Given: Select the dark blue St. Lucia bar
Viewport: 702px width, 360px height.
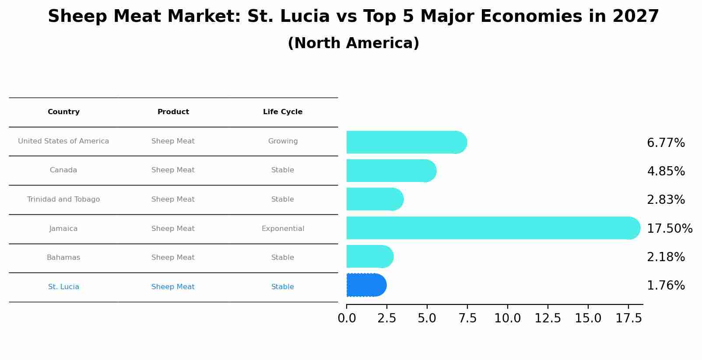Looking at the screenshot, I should [x=366, y=285].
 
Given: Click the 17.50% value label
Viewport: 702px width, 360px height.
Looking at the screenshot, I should [x=669, y=228].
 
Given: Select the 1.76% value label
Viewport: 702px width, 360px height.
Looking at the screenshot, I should [x=666, y=286].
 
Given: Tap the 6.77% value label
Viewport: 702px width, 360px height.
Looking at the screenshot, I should [x=666, y=143].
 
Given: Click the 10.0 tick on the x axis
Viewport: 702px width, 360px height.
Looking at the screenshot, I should [x=507, y=318].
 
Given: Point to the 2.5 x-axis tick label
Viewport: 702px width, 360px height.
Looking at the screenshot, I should [x=386, y=318].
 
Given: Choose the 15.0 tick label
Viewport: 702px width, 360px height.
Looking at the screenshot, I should [x=588, y=318].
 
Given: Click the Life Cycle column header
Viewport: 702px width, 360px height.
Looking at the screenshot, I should [x=283, y=112].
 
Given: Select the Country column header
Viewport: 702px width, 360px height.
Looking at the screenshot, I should [x=63, y=112].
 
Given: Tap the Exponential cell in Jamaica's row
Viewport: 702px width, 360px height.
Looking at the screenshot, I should [x=283, y=229].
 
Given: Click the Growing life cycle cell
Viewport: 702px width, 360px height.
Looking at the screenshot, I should [x=283, y=141].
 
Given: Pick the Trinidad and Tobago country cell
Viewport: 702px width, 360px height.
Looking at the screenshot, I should [x=63, y=199].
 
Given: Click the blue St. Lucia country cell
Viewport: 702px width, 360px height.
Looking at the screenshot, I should [x=63, y=287].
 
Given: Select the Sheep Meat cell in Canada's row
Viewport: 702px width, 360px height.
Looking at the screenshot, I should [x=173, y=170].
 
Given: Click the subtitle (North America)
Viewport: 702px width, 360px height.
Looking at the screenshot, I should [x=353, y=43].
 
